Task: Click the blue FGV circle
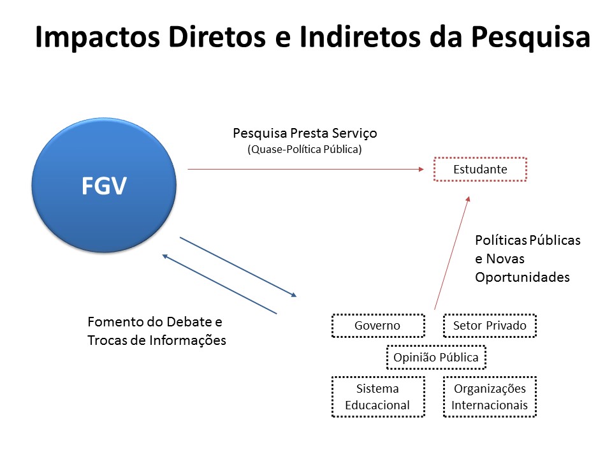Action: [x=104, y=185]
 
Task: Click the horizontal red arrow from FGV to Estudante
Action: [x=305, y=169]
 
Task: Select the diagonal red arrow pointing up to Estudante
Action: [x=452, y=253]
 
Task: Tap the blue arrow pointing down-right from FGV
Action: [x=238, y=266]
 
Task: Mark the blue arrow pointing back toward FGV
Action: [x=219, y=284]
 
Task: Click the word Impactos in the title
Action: [x=98, y=38]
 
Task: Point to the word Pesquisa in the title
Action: [x=530, y=38]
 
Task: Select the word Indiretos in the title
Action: [x=360, y=37]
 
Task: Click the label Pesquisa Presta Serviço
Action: [x=305, y=133]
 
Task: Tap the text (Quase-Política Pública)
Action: [x=305, y=149]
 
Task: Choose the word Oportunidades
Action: [x=522, y=277]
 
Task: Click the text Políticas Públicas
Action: [x=528, y=240]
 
